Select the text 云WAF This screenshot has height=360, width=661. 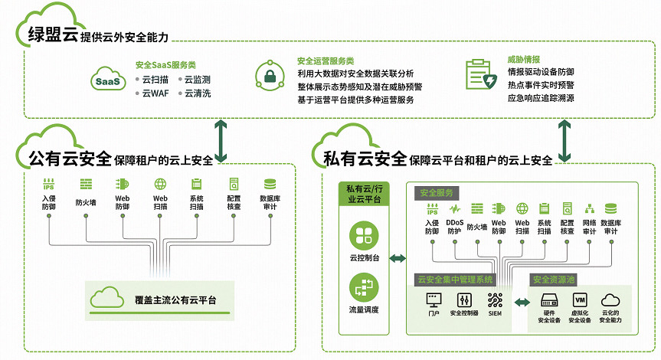coord(154,93)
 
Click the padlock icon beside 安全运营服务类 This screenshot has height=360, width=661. coord(270,75)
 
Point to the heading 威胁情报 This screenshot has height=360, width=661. coord(524,59)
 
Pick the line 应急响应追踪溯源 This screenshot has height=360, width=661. coord(541,99)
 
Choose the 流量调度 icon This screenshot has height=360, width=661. coord(363,289)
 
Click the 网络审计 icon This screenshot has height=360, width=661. coord(589,208)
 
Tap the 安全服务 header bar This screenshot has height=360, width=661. coord(436,191)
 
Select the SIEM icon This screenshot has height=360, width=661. coord(495,299)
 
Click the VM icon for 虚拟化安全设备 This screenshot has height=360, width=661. coord(580,299)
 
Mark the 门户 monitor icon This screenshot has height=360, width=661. coord(434,299)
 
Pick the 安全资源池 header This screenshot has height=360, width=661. coord(555,280)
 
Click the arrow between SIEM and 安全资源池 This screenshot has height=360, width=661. coord(521,304)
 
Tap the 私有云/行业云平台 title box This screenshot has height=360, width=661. coord(363,194)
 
